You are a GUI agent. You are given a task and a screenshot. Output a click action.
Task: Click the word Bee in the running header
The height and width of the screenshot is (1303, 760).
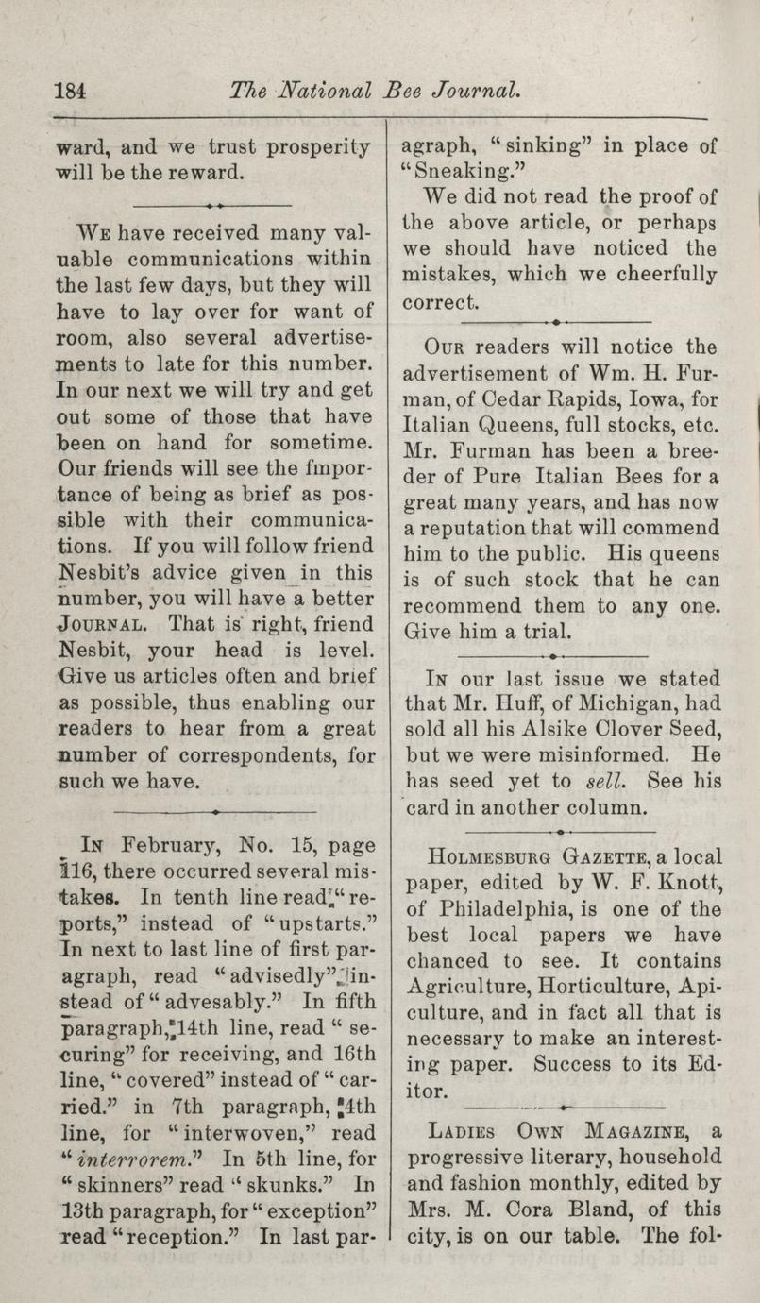405,92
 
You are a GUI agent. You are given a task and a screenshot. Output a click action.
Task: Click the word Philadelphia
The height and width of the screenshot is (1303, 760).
495,910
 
